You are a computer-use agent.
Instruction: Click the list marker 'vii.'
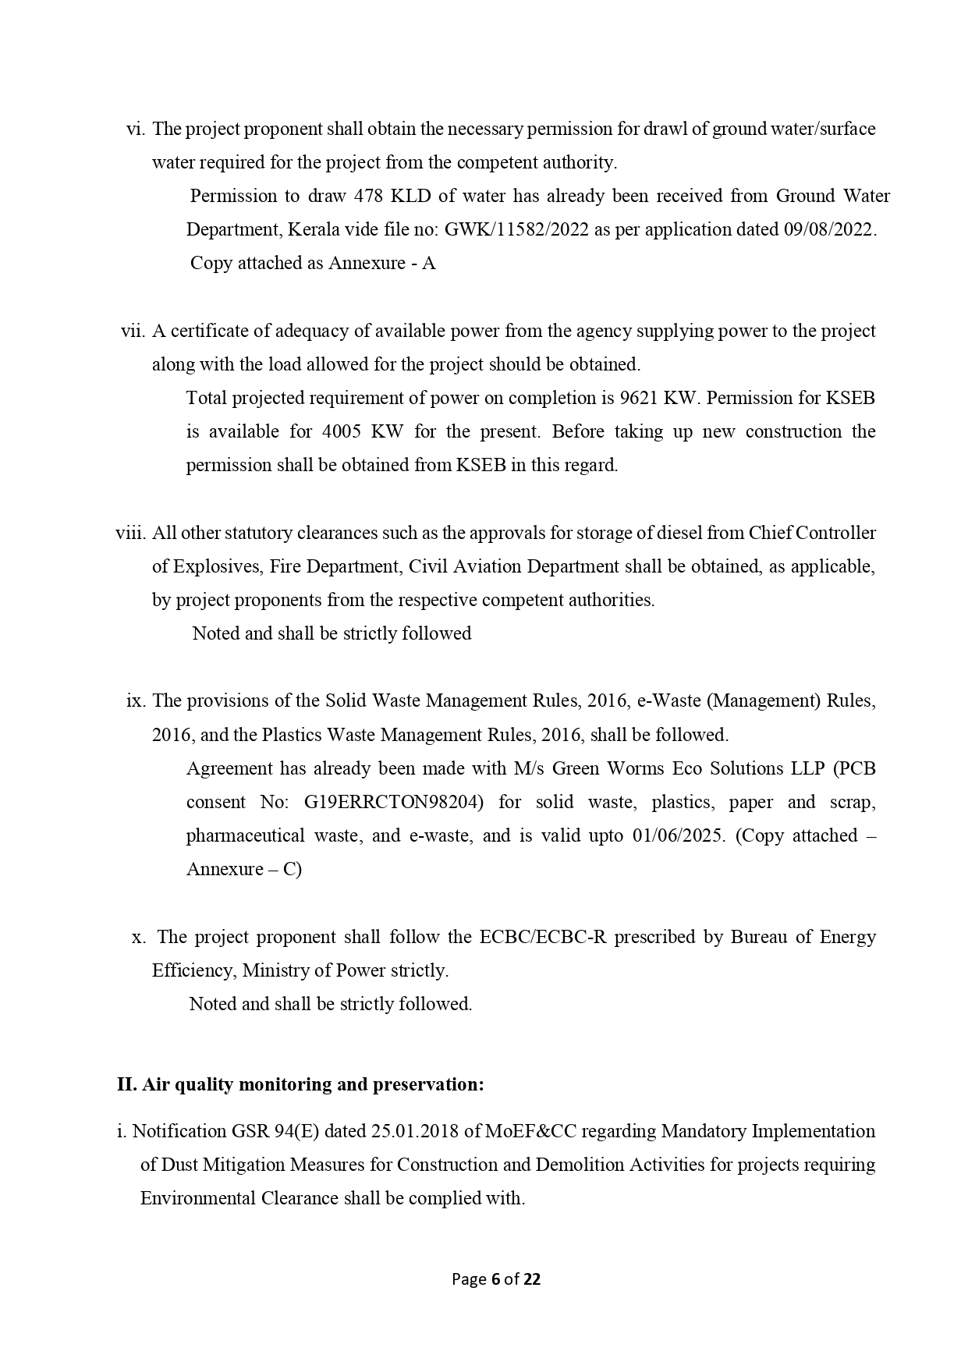133,331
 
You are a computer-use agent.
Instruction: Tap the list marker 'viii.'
130,533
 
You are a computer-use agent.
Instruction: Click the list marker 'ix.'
136,700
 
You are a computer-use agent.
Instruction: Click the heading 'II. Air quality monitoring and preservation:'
300,1084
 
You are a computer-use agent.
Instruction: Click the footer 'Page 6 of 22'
496,1279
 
